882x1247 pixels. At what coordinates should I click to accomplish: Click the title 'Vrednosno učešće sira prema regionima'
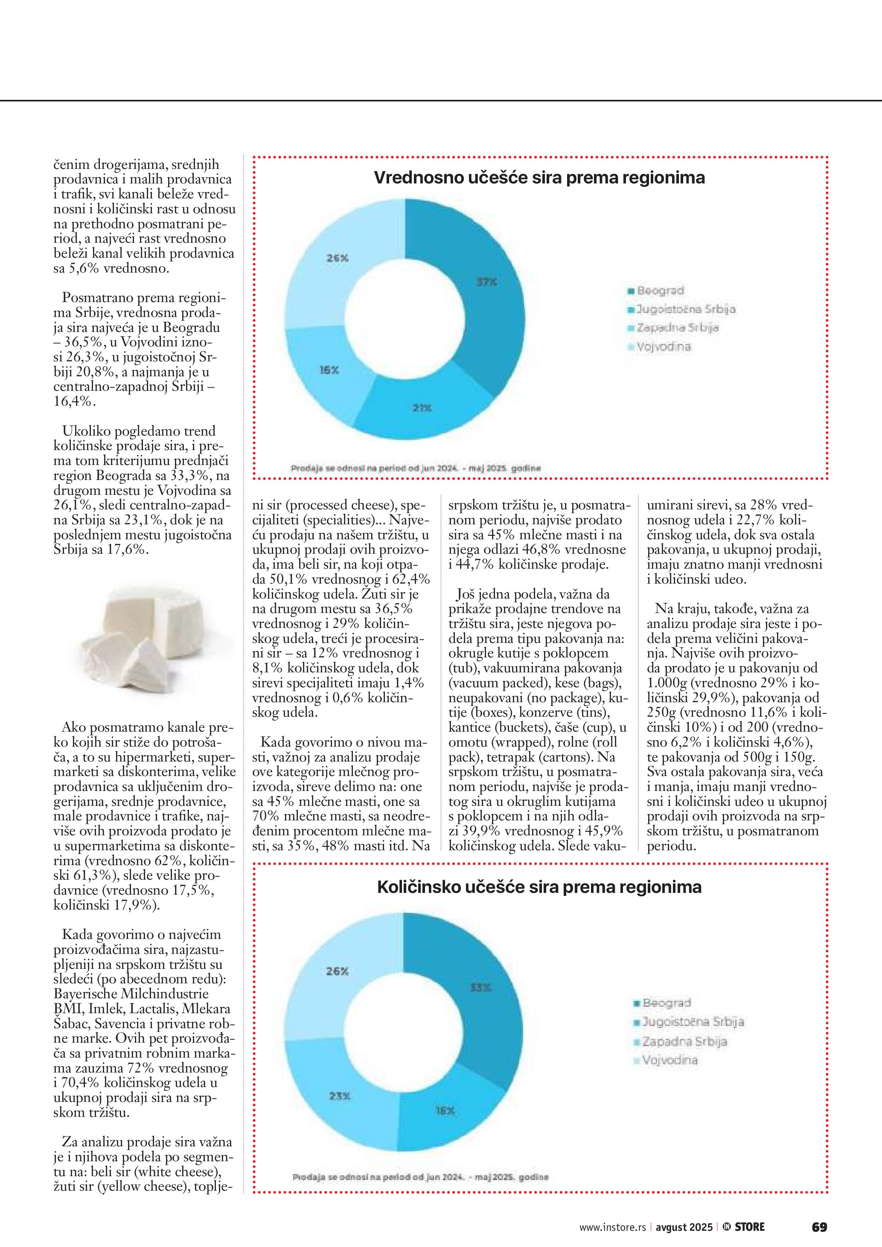point(539,177)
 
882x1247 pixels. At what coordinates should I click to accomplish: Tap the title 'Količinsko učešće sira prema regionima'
point(539,887)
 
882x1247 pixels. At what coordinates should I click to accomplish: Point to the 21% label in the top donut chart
point(422,407)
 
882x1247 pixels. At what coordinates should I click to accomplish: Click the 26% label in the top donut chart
point(337,259)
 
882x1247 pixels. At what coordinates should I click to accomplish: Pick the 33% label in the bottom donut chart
point(480,987)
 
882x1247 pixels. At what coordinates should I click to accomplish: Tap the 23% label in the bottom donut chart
point(339,1096)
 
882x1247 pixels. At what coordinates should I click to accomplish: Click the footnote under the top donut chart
point(416,468)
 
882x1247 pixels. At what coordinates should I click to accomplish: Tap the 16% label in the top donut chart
point(329,370)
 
